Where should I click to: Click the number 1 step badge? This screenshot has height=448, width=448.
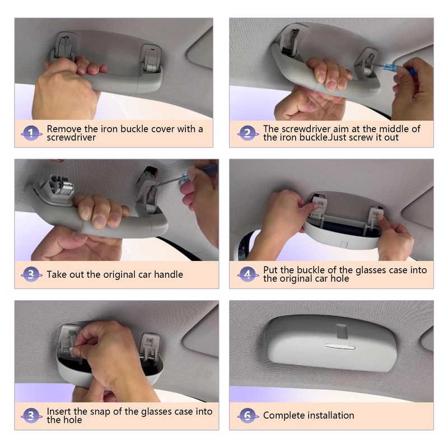31,133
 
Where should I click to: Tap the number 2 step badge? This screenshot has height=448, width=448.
248,133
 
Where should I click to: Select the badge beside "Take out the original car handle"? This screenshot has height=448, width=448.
31,274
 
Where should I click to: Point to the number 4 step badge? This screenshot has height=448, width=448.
248,274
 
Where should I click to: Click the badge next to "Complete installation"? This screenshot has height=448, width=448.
248,416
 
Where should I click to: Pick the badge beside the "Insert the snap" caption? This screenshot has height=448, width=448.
31,416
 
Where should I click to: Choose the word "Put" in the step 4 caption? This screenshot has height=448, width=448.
270,270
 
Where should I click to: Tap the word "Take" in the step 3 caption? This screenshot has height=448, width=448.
56,274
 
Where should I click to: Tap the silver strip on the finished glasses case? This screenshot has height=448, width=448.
340,347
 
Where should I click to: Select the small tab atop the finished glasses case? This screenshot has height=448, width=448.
342,331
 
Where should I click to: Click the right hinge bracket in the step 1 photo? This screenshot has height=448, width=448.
151,59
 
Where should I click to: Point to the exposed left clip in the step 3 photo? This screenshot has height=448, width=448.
59,186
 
